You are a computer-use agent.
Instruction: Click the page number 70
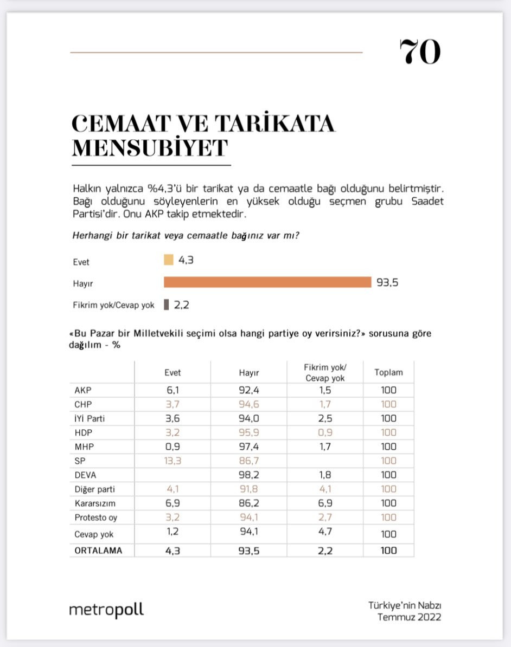[420, 53]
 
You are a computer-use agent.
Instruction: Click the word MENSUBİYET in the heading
[150, 147]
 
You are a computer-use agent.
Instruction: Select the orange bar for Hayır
[267, 282]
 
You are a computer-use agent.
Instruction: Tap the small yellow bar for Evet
[168, 260]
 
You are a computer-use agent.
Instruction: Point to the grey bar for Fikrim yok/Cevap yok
[167, 305]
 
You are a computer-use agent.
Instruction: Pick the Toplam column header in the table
[388, 373]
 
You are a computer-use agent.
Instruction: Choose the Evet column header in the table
[173, 373]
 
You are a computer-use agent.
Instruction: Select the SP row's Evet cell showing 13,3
[173, 461]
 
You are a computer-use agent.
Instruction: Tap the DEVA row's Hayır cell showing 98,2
[248, 475]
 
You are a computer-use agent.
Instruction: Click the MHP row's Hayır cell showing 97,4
[248, 447]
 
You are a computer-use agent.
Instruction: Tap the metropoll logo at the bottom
[106, 610]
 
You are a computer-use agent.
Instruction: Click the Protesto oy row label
[95, 517]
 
